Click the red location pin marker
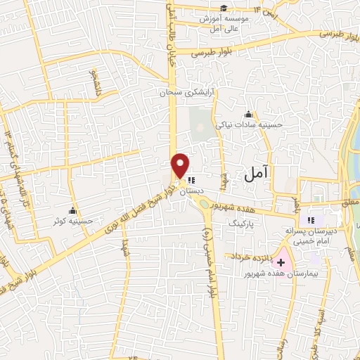(180, 165)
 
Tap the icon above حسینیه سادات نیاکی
(247, 114)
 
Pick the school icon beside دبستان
(192, 179)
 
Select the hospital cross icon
(281, 261)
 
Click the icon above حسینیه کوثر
(72, 210)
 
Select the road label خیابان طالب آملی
(169, 28)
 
